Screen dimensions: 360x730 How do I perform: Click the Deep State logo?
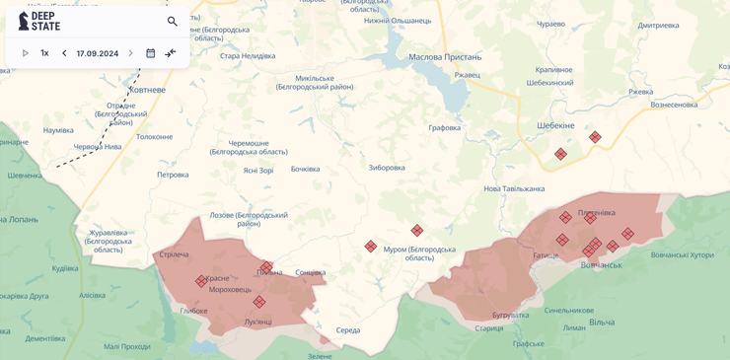pyautogui.click(x=38, y=21)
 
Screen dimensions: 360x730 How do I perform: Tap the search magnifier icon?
pyautogui.click(x=173, y=21)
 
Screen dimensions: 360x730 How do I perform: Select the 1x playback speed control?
pyautogui.click(x=44, y=53)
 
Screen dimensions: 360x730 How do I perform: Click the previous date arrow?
pyautogui.click(x=64, y=53)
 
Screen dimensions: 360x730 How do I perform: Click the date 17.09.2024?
pyautogui.click(x=98, y=53)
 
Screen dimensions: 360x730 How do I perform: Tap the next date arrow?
pyautogui.click(x=130, y=53)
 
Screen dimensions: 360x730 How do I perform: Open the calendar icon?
pyautogui.click(x=151, y=53)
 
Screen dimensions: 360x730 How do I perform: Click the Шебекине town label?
pyautogui.click(x=555, y=125)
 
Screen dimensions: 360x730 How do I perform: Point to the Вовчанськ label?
pyautogui.click(x=601, y=264)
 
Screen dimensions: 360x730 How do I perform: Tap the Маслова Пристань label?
pyautogui.click(x=445, y=57)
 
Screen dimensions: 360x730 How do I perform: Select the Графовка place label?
pyautogui.click(x=444, y=127)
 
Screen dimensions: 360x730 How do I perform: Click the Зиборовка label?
pyautogui.click(x=387, y=167)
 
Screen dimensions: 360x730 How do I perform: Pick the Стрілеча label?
pyautogui.click(x=174, y=254)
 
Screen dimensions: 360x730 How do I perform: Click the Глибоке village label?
pyautogui.click(x=193, y=311)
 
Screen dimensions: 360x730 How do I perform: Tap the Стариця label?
pyautogui.click(x=488, y=328)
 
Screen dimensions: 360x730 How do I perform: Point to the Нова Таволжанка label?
pyautogui.click(x=514, y=188)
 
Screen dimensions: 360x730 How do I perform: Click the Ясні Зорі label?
pyautogui.click(x=258, y=170)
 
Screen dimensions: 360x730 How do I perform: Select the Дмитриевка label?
pyautogui.click(x=658, y=25)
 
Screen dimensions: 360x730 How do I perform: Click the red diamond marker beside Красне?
pyautogui.click(x=201, y=281)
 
